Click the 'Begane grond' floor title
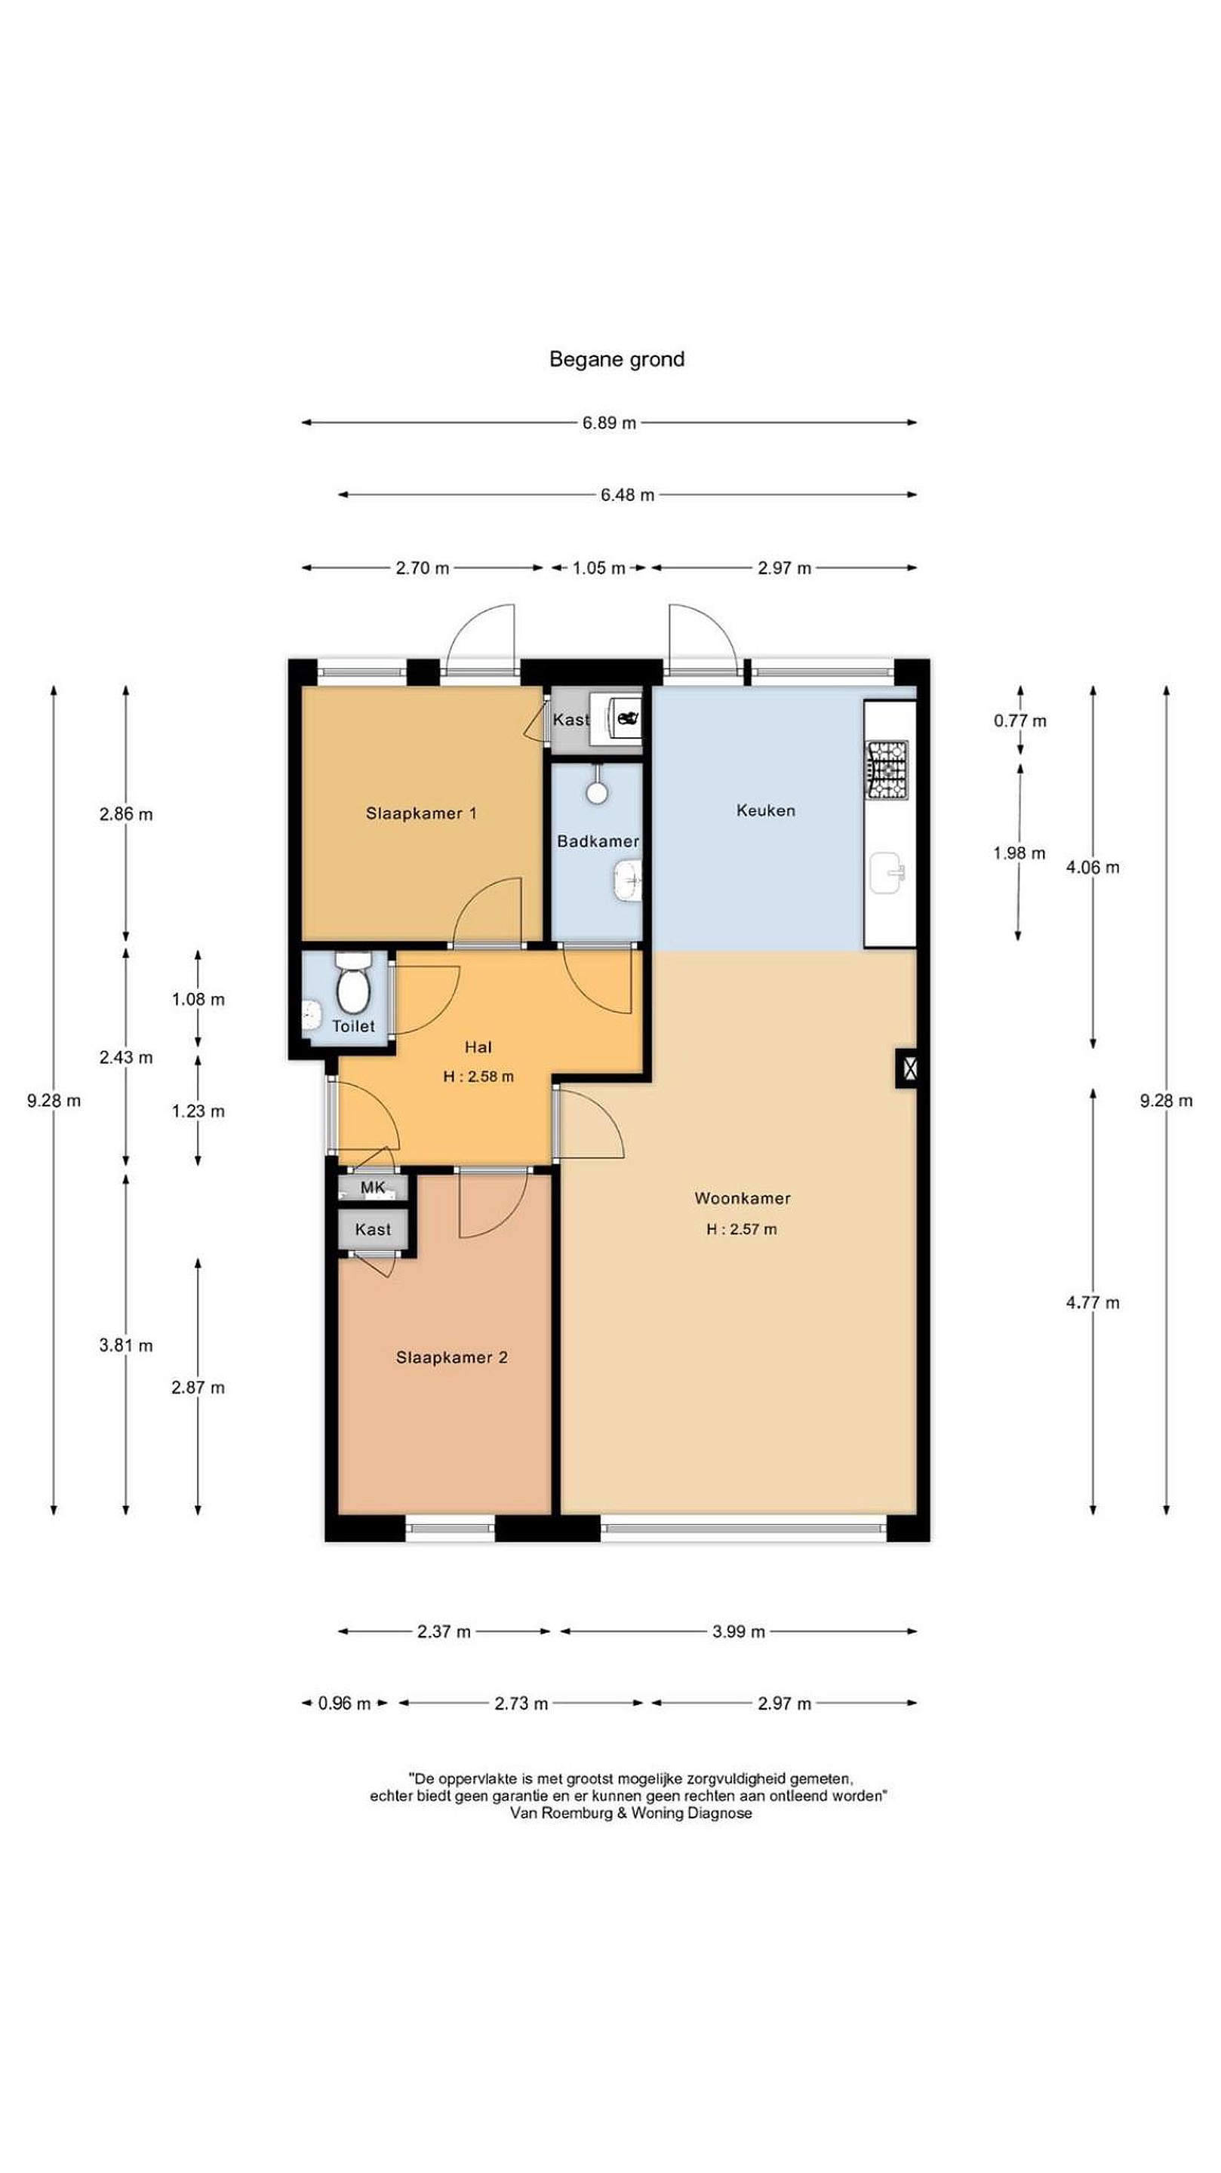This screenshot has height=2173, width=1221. (x=616, y=359)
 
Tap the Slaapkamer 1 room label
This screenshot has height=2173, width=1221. (x=421, y=813)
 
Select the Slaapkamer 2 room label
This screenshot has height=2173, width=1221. (x=451, y=1357)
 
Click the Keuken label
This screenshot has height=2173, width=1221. (x=765, y=810)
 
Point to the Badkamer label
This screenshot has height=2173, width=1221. (x=598, y=841)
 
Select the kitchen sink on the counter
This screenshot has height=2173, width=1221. (x=887, y=871)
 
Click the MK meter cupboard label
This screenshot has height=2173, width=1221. (x=373, y=1187)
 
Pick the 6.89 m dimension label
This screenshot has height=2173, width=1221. (x=609, y=423)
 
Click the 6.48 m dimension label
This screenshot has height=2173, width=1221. (x=627, y=495)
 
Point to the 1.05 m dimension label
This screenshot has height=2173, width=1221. (x=598, y=567)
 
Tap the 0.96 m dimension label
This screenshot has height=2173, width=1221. (x=344, y=1703)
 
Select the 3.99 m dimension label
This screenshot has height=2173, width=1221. (x=738, y=1631)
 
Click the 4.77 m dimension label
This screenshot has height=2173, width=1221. (x=1093, y=1302)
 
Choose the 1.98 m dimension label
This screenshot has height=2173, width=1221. (x=1020, y=853)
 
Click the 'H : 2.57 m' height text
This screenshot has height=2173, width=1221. (x=742, y=1229)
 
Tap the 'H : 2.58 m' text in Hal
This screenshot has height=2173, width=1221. (x=478, y=1077)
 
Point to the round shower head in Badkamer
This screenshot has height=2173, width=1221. (x=598, y=791)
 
